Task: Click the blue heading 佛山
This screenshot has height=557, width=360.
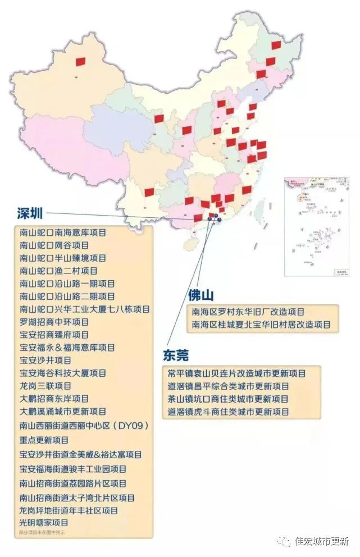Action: (201, 296)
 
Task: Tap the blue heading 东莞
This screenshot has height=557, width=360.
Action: (175, 355)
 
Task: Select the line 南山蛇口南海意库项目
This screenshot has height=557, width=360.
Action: (63, 232)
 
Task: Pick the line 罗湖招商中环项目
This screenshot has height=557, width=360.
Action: (54, 322)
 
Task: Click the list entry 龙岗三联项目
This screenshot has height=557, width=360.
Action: (45, 386)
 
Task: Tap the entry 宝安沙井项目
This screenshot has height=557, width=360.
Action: (45, 360)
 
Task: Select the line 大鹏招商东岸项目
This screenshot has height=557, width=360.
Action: (54, 399)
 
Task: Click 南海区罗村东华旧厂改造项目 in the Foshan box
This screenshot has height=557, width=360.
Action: (248, 312)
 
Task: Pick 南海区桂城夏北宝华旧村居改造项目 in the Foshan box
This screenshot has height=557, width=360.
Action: (261, 325)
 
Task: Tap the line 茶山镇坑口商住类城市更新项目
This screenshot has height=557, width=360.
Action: (228, 399)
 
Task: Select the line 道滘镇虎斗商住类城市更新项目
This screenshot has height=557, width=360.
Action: (228, 412)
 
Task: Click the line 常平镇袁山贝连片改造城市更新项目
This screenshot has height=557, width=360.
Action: (236, 373)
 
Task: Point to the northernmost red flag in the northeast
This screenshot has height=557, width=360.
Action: (276, 45)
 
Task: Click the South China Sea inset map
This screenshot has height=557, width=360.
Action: (316, 227)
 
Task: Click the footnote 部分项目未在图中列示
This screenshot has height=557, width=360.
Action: (42, 532)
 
